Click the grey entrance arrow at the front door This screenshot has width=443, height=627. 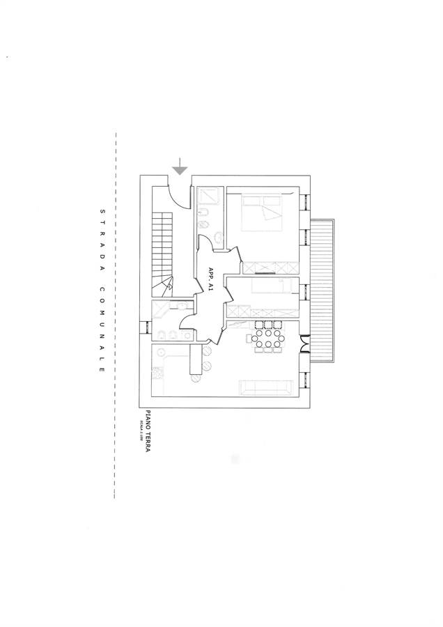click(180, 168)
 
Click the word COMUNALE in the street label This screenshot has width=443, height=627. click(101, 328)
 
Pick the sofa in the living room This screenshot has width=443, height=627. click(265, 388)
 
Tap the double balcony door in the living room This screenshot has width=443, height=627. click(304, 345)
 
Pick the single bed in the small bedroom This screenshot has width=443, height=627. click(268, 286)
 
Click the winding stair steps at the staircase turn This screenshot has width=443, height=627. click(165, 285)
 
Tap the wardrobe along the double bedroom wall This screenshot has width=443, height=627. click(268, 267)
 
